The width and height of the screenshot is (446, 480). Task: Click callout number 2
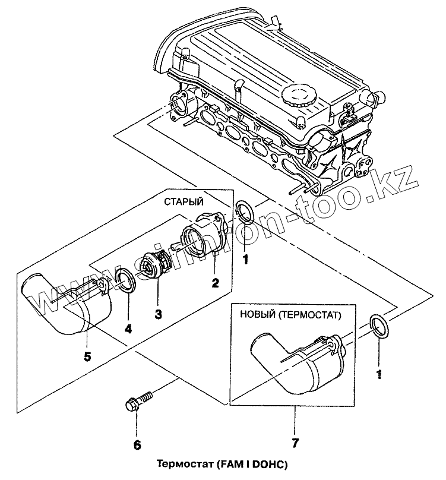(x=215, y=283)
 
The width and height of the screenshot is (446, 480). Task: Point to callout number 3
(x=158, y=313)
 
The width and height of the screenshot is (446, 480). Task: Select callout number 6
(x=137, y=445)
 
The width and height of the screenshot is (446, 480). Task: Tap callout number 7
(x=295, y=443)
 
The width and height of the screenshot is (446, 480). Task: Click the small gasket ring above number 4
(x=126, y=280)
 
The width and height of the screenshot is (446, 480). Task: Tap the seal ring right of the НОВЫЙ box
(x=379, y=327)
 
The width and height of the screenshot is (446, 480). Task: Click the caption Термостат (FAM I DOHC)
(x=224, y=464)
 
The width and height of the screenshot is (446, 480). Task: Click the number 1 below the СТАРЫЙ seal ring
(x=245, y=258)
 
